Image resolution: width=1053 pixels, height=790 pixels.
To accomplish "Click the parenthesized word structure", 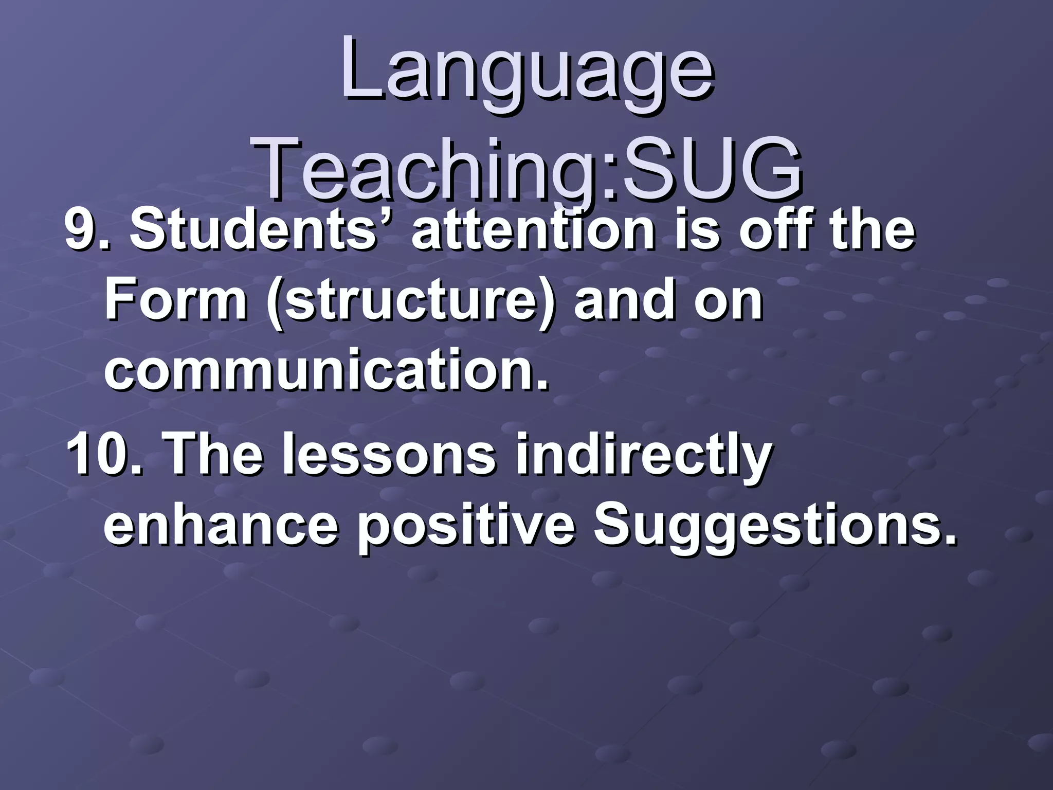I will [x=411, y=301].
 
